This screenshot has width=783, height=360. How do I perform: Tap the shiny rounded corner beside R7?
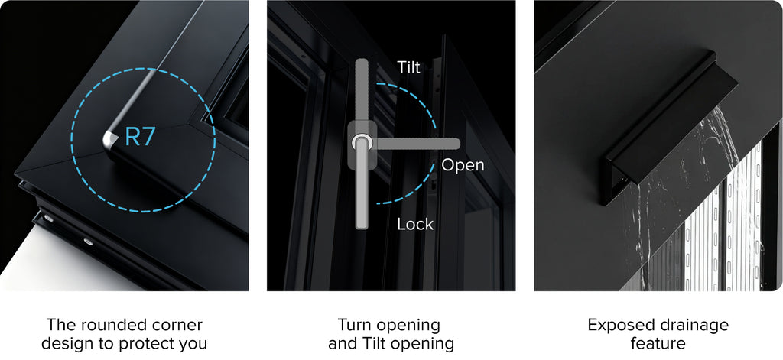click(x=110, y=141)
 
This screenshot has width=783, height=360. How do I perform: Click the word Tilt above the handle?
click(x=408, y=67)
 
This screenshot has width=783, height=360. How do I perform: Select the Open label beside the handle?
click(x=463, y=165)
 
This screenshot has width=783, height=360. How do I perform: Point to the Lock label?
click(x=415, y=224)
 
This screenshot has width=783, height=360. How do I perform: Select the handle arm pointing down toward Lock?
click(x=362, y=190)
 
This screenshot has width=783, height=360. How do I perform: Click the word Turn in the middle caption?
click(x=355, y=325)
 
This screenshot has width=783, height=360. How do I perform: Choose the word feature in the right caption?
click(x=658, y=343)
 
